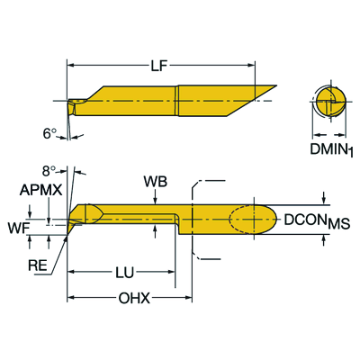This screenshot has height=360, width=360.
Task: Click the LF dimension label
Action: point(172,65)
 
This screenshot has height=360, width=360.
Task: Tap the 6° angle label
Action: point(50,131)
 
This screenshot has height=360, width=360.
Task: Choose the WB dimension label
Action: point(154,182)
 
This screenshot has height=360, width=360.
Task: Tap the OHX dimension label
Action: point(132,298)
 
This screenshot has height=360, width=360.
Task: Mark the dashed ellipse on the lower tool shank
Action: point(253,220)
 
